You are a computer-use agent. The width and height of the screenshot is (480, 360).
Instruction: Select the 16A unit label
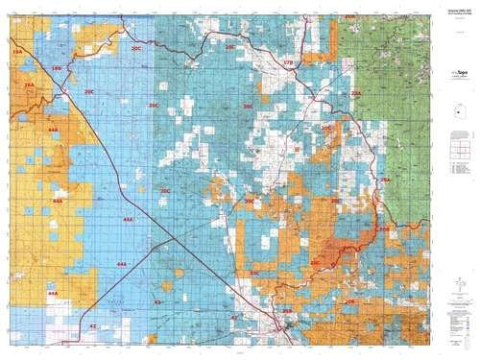30,85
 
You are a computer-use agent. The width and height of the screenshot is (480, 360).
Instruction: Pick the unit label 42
93,326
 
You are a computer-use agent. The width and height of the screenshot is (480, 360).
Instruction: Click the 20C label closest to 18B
89,92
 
